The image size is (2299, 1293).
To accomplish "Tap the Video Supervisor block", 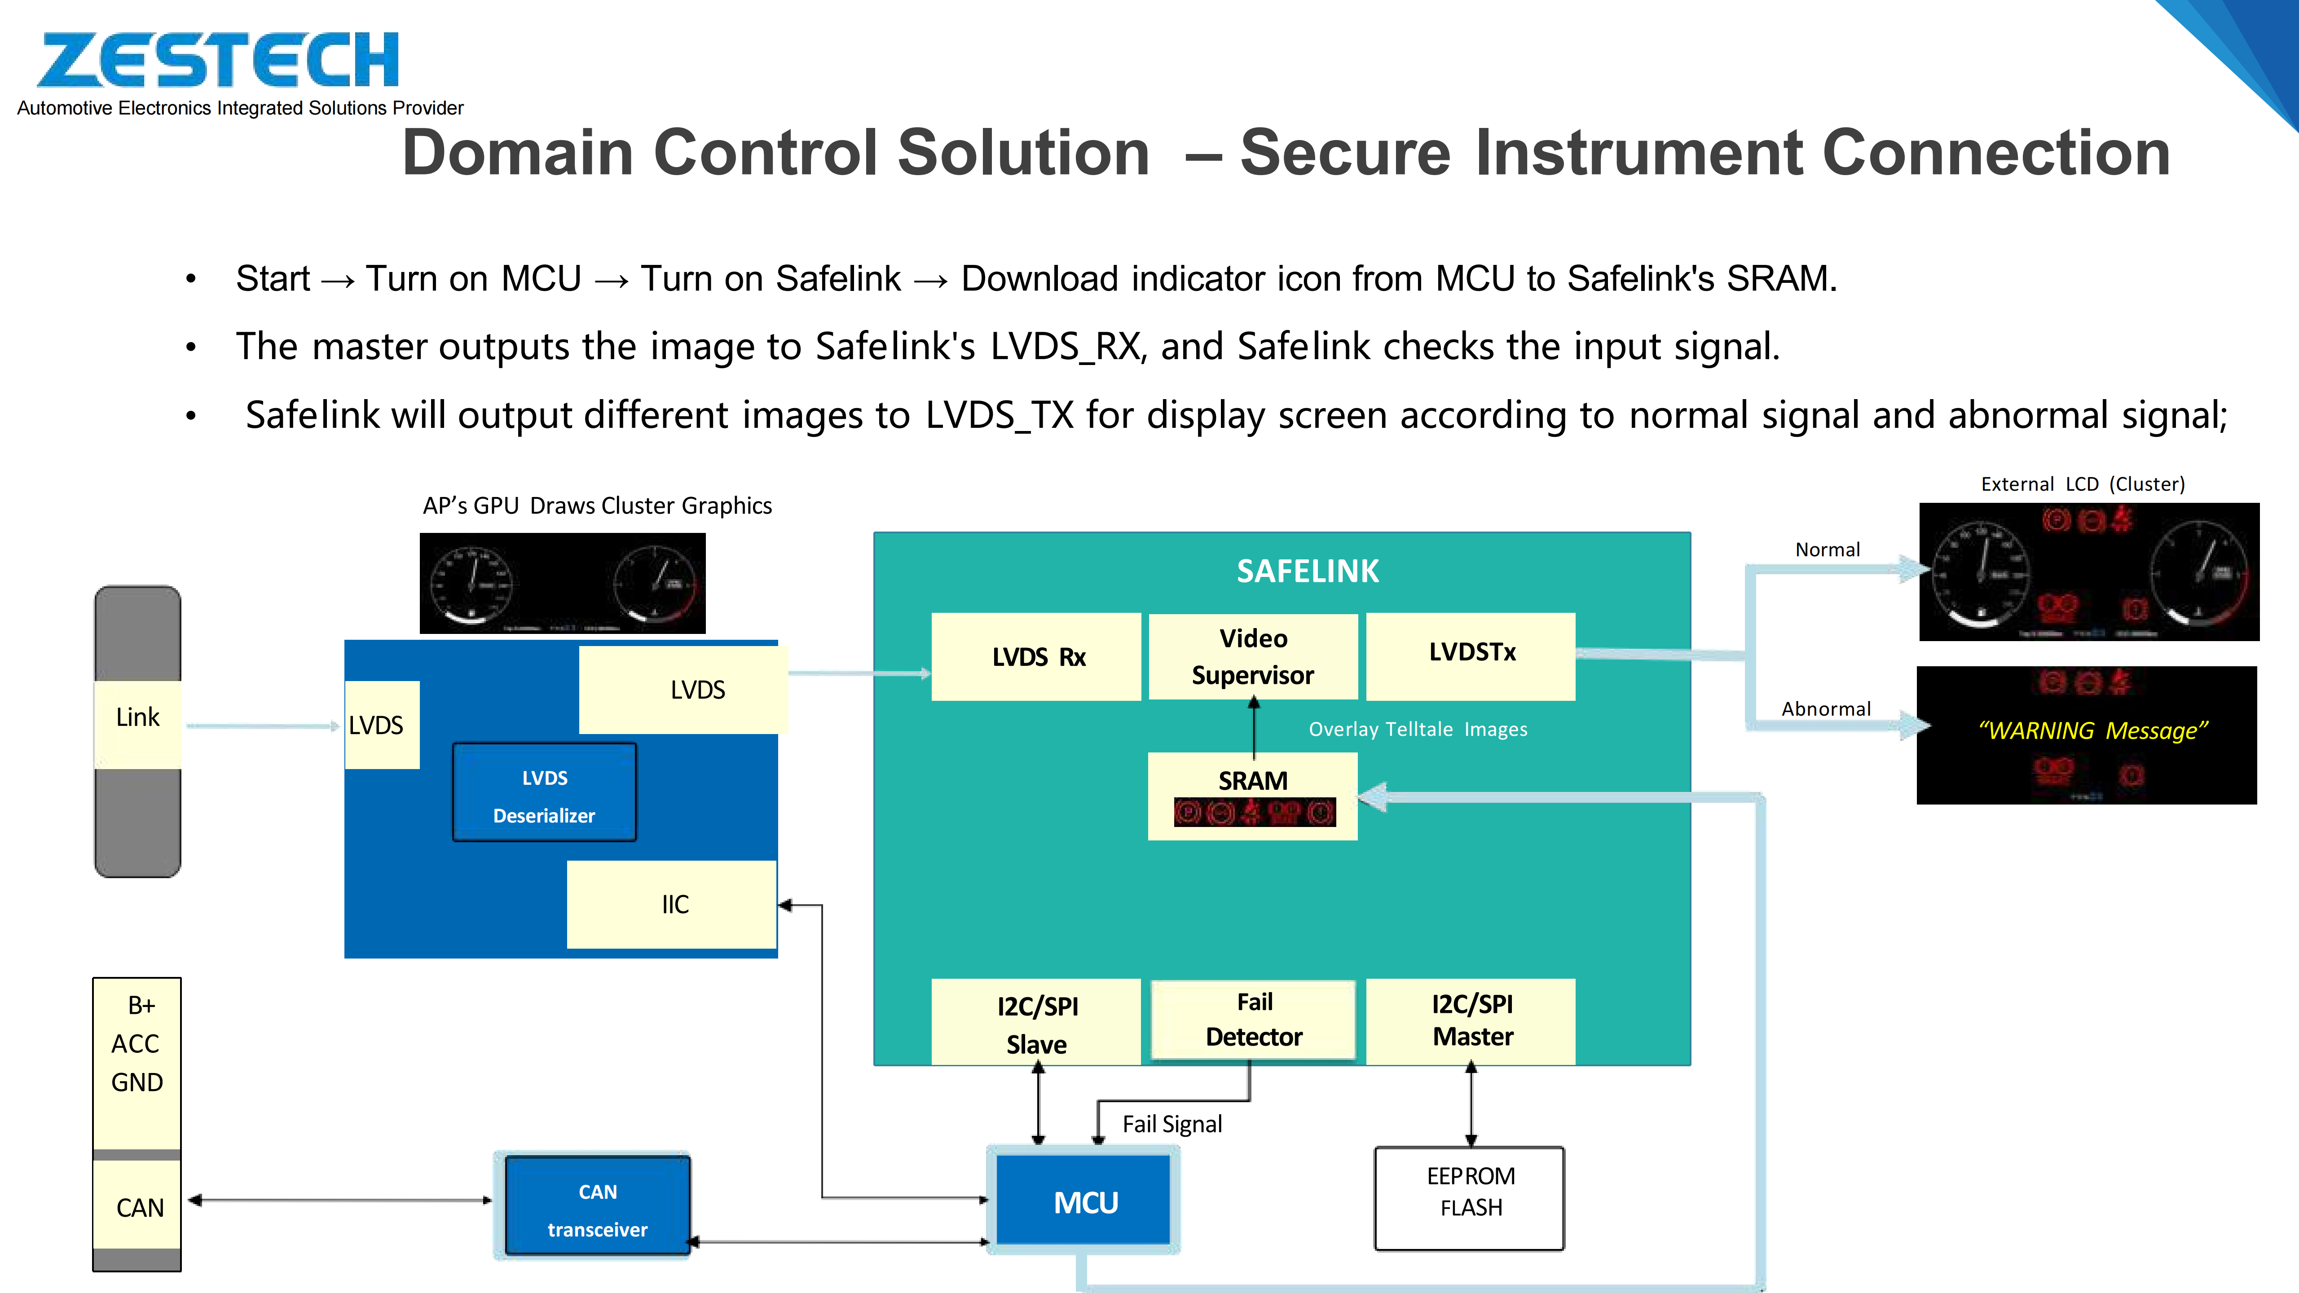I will click(x=1253, y=657).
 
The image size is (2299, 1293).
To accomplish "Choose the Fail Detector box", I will click(x=1253, y=1020).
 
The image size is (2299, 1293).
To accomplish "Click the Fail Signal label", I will click(x=1172, y=1124).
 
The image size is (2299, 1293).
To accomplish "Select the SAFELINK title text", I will click(x=1308, y=571).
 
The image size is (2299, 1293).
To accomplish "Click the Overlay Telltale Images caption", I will click(x=1417, y=730).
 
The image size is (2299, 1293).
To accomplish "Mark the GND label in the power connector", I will click(x=137, y=1082).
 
